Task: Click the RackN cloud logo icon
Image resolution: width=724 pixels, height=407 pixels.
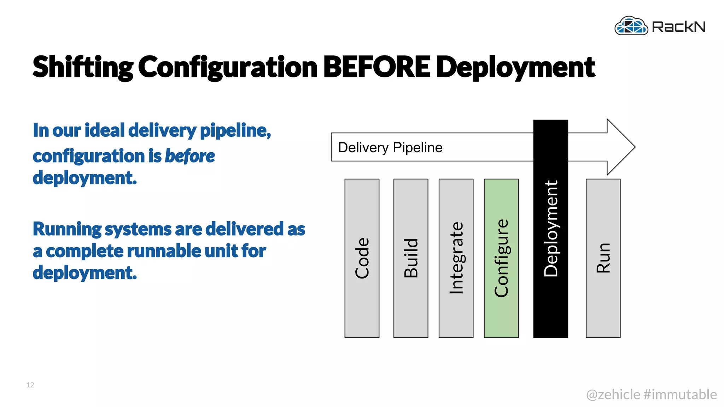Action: click(x=631, y=26)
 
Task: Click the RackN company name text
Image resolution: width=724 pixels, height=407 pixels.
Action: click(x=678, y=27)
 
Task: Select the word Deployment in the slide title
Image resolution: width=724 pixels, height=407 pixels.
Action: click(x=515, y=67)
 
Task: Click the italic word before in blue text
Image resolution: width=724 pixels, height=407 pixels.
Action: click(x=190, y=156)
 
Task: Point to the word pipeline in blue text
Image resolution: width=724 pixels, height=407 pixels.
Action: click(x=235, y=130)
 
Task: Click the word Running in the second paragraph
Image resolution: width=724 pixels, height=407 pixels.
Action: click(x=67, y=229)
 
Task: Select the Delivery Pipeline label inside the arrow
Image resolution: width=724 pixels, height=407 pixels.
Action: click(x=390, y=147)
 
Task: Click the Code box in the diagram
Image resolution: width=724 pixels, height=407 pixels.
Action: click(x=362, y=258)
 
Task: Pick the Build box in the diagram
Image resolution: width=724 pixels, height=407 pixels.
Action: click(x=411, y=258)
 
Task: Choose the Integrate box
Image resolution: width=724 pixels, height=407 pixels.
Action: click(x=456, y=258)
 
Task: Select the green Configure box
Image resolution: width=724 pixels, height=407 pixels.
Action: click(x=501, y=258)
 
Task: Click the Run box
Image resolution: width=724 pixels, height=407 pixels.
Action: click(x=603, y=258)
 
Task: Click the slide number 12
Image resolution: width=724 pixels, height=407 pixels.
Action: click(x=30, y=385)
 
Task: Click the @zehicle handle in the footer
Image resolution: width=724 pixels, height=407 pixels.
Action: click(x=613, y=394)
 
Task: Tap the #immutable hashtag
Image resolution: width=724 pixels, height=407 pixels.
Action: click(x=680, y=394)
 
